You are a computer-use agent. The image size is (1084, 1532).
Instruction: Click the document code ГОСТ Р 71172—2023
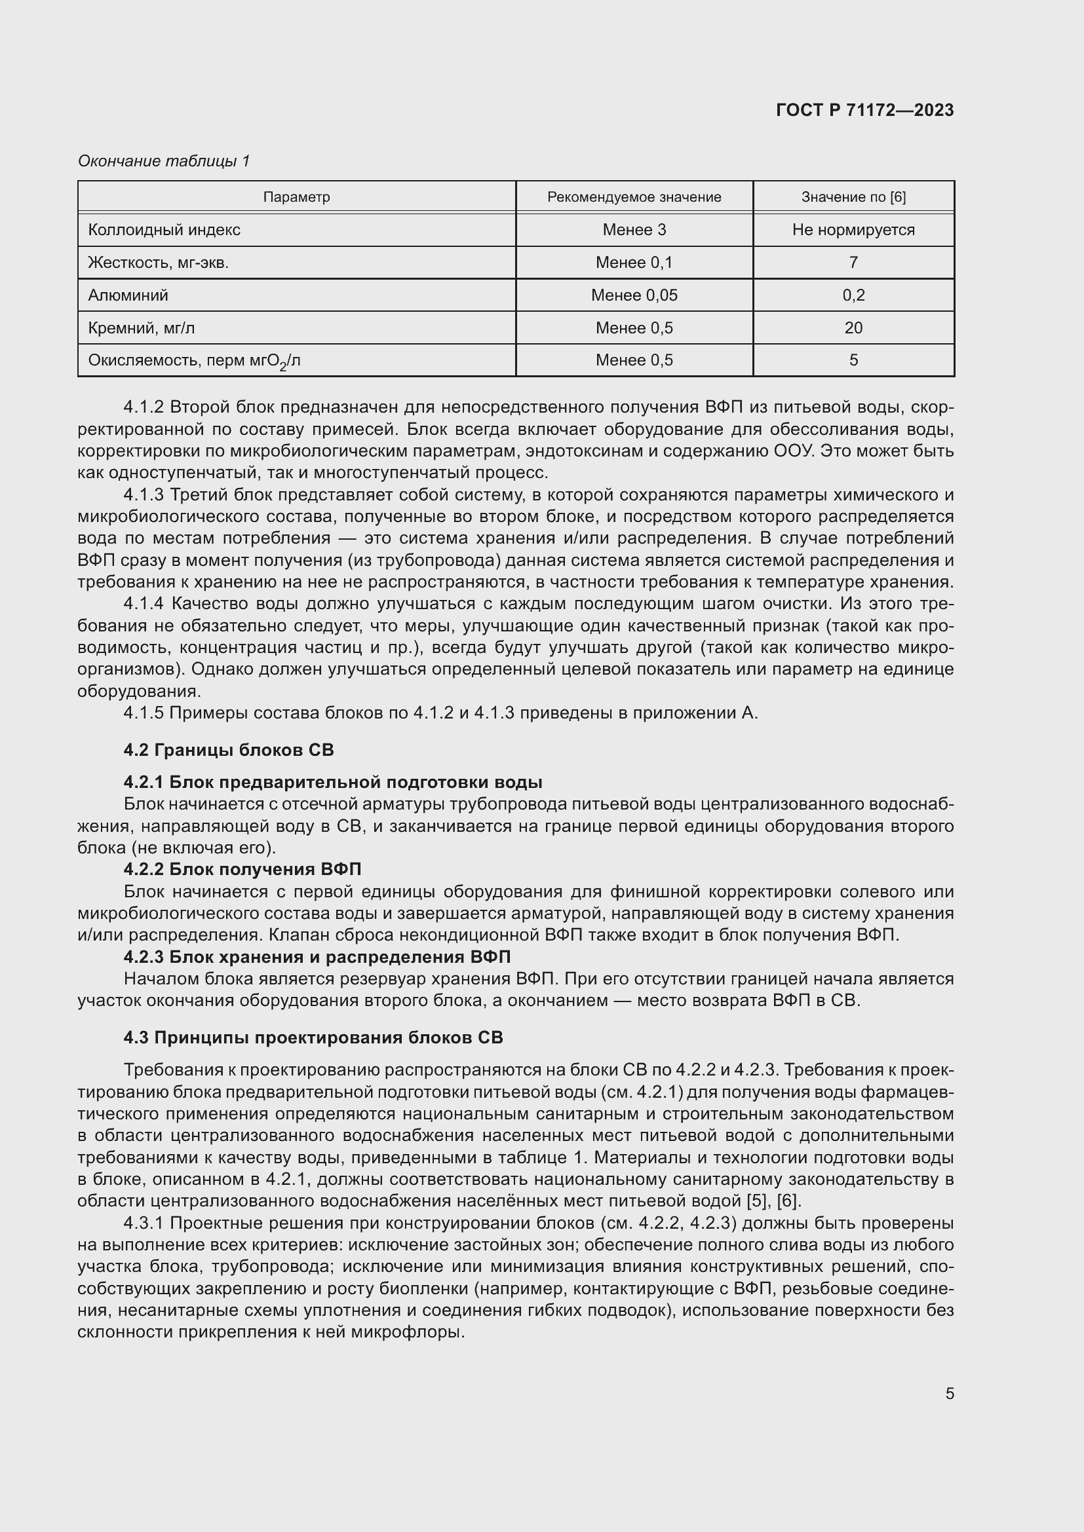pos(864,110)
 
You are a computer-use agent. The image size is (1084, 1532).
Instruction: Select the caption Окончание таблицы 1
pos(164,161)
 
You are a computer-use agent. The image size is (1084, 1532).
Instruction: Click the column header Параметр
pos(296,197)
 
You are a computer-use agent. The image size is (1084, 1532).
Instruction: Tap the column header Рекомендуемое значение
pos(634,197)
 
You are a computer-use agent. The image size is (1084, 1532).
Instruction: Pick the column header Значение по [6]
pos(853,197)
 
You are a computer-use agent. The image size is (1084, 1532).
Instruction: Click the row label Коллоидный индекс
pos(165,229)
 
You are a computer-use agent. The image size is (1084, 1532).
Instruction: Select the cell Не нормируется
pos(853,229)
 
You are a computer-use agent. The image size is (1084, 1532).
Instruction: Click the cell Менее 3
pos(634,229)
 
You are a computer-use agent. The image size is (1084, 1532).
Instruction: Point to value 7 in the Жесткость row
pos(853,262)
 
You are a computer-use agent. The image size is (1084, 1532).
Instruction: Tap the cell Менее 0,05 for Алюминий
pos(634,295)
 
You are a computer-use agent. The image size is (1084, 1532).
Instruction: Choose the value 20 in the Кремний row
pos(853,327)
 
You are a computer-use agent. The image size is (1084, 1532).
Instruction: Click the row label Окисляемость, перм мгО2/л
pos(194,361)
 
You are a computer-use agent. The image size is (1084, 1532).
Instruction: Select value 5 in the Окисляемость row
pos(853,360)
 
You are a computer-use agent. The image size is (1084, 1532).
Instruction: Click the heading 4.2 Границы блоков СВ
pos(228,750)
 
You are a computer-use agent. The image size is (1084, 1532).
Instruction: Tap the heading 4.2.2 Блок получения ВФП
pos(242,869)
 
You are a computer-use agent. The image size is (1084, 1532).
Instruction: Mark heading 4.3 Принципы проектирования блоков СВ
pos(313,1037)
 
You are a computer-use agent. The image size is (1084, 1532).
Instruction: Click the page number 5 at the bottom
pos(949,1393)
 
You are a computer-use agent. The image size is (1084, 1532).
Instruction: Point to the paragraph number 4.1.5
pos(143,713)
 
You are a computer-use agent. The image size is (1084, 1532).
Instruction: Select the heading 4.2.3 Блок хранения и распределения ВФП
pos(317,957)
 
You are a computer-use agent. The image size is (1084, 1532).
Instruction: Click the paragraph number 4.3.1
pos(143,1223)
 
